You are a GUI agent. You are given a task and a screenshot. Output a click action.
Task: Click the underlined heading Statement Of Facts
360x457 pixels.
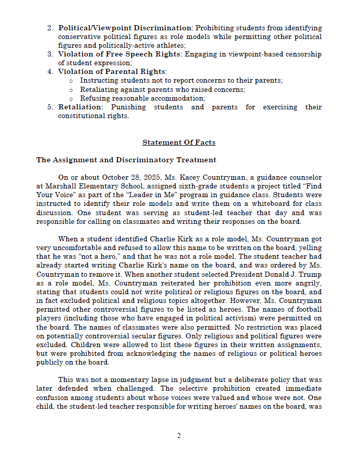pos(179,142)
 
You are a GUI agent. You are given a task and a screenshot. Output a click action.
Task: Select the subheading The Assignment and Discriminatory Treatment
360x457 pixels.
pos(126,160)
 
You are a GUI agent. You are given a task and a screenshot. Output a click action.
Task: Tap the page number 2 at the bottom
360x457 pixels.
pos(179,436)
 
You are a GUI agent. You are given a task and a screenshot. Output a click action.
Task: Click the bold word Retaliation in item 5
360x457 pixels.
pos(80,107)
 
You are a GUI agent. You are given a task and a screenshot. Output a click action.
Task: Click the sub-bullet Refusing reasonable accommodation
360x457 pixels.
pos(142,98)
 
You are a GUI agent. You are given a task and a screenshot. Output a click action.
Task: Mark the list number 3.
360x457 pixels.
pos(50,54)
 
